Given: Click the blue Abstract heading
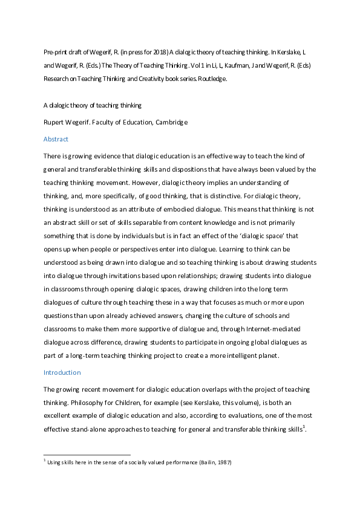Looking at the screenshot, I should pyautogui.click(x=56, y=139).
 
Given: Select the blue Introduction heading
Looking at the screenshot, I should pyautogui.click(x=62, y=372).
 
